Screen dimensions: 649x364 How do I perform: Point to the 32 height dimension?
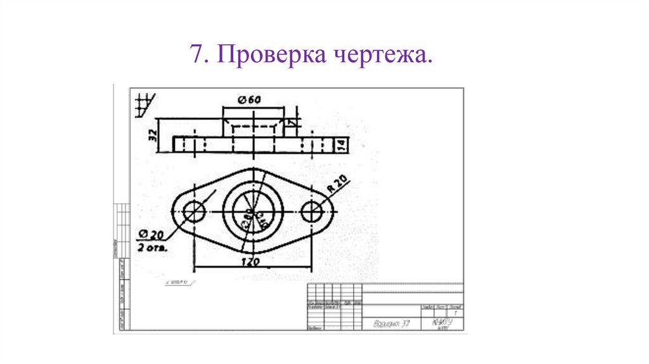(x=151, y=135)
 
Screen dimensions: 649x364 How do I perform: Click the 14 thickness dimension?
(x=340, y=145)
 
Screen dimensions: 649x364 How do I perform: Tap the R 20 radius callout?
(x=338, y=185)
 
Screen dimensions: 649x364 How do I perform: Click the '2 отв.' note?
(x=152, y=249)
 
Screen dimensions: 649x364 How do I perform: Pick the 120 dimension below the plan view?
(x=252, y=260)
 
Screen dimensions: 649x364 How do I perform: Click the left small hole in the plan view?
(x=194, y=211)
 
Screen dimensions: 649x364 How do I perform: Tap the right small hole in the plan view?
(x=311, y=211)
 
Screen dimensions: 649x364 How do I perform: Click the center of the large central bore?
(x=252, y=211)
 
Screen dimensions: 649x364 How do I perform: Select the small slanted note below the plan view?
(x=179, y=280)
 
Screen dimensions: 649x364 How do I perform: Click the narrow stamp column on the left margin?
(x=120, y=266)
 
